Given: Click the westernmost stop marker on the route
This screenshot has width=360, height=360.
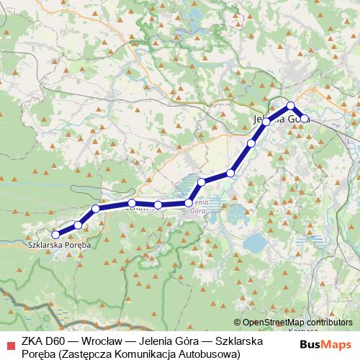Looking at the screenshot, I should click(x=55, y=234).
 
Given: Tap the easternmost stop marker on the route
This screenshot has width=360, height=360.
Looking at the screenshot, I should click(x=305, y=119).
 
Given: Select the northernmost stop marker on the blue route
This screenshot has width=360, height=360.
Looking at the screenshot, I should click(x=291, y=106).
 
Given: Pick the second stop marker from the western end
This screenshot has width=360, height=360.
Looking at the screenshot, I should click(x=78, y=225).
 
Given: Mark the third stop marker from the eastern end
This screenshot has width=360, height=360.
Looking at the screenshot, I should click(x=266, y=122).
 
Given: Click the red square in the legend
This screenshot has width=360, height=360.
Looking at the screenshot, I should click(x=9, y=341).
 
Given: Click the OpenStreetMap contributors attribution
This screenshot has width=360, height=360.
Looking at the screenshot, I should click(x=297, y=322).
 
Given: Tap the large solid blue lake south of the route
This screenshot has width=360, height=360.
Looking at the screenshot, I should click(x=255, y=243).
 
